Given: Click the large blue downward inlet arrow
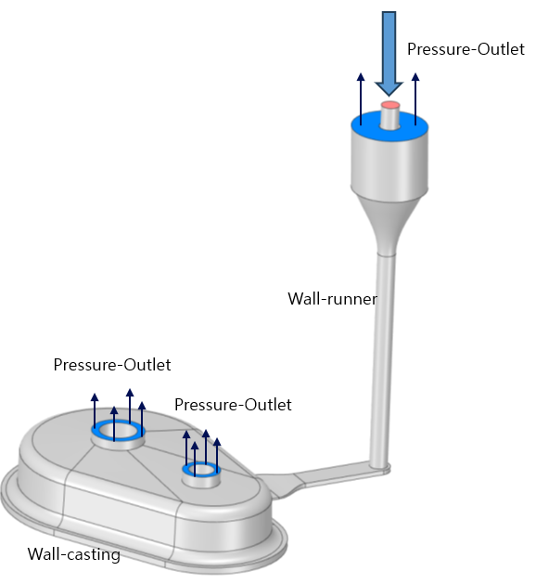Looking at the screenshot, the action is tap(389, 52).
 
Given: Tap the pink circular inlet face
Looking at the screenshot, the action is tap(390, 105).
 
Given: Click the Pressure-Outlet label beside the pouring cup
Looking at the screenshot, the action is tap(466, 49).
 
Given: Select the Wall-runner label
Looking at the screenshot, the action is tap(333, 299).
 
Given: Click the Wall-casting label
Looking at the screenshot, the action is tap(73, 554).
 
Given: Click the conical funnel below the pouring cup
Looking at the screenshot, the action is tap(388, 224).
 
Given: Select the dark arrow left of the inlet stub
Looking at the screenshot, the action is tap(361, 98).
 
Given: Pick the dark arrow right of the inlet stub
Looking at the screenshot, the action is tap(415, 98).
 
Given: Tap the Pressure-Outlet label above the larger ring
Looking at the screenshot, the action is tap(112, 365).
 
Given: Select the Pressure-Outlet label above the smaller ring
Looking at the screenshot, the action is tap(233, 405).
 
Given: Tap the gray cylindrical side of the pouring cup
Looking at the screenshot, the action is tap(389, 164).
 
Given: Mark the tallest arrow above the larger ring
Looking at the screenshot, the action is tap(130, 407).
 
